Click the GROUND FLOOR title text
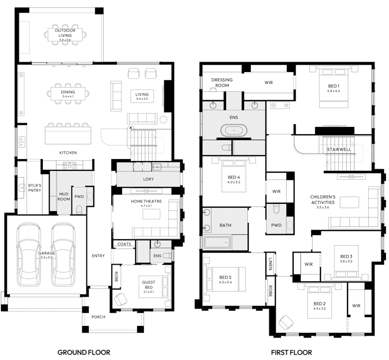[x=84, y=352]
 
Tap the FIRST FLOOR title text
[x=292, y=352]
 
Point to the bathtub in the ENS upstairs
[x=234, y=130]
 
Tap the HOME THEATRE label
[x=146, y=201]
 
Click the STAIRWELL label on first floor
[x=339, y=149]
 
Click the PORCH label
[x=98, y=317]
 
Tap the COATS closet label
[x=124, y=244]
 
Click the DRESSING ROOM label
[x=222, y=83]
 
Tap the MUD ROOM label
[x=64, y=196]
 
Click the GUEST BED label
[x=148, y=285]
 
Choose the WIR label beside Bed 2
[x=356, y=305]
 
